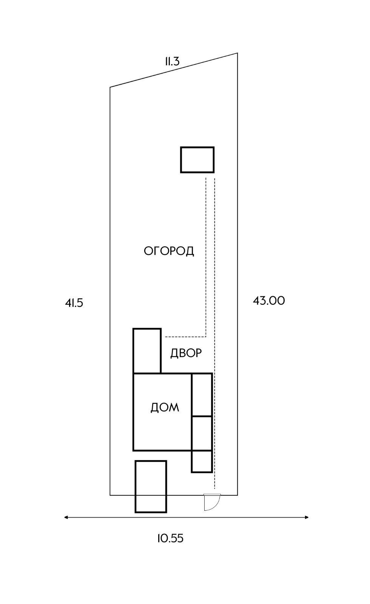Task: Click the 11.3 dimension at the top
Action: click(x=172, y=62)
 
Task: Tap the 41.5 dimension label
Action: click(x=74, y=303)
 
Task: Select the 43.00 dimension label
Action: click(x=269, y=301)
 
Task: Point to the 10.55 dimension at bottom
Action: click(x=170, y=538)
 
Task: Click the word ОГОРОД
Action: click(x=169, y=251)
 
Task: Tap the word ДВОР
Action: click(x=186, y=353)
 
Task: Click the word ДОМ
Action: click(x=165, y=408)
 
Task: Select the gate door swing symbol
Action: click(x=211, y=502)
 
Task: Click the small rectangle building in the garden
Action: click(x=197, y=160)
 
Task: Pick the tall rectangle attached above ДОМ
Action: click(x=147, y=351)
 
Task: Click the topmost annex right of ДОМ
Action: click(x=202, y=395)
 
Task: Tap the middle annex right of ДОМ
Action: click(x=202, y=433)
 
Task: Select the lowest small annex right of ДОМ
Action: click(x=202, y=461)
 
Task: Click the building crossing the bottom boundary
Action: click(x=151, y=486)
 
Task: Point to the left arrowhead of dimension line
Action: click(x=66, y=517)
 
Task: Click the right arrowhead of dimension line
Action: click(x=307, y=517)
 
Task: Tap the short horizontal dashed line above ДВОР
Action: click(x=185, y=336)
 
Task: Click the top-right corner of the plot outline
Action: click(x=237, y=53)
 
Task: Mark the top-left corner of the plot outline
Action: click(x=110, y=88)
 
